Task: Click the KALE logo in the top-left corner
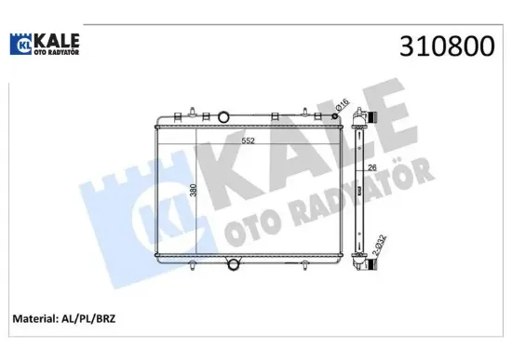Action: click(45, 44)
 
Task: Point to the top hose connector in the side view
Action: click(372, 120)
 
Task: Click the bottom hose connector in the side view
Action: click(372, 263)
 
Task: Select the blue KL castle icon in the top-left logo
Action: click(21, 44)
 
